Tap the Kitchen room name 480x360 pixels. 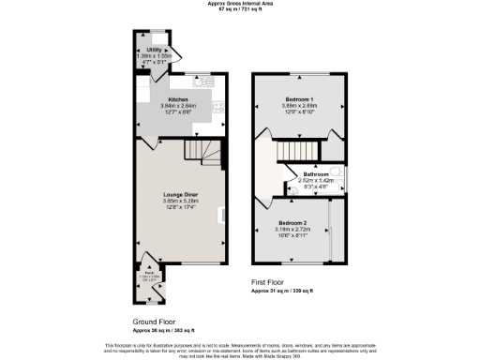pos(178,99)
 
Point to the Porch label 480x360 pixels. pos(148,273)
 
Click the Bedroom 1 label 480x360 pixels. pos(300,99)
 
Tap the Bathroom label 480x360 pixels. pos(316,175)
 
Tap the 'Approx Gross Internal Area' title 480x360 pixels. pos(241,4)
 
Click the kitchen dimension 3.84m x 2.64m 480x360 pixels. pos(178,106)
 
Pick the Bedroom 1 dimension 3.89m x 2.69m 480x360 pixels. pos(300,106)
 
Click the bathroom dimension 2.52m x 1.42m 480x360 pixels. pos(316,181)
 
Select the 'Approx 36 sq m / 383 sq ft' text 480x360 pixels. pos(163,331)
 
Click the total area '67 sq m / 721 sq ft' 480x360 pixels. pos(241,10)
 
